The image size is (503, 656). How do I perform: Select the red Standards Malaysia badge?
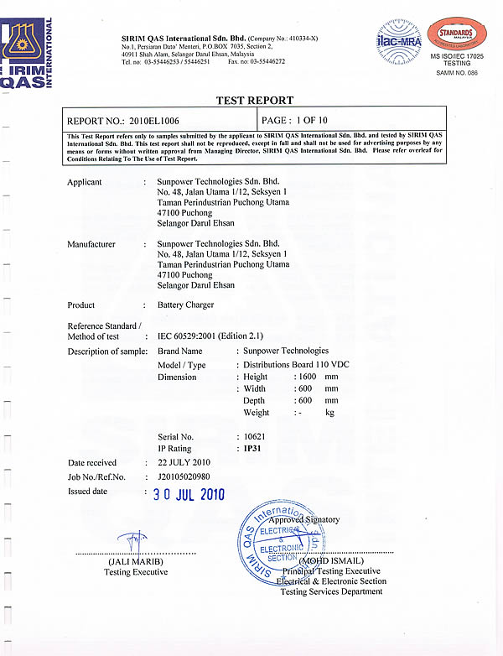pos(454,34)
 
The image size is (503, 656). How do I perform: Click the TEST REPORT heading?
pos(255,100)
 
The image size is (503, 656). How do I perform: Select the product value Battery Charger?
pos(186,305)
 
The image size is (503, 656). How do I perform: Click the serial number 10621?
pos(253,437)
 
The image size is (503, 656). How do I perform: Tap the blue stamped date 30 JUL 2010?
pos(189,494)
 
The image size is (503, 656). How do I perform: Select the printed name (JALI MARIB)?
pos(136,561)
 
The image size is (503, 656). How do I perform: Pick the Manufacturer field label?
pos(91,244)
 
